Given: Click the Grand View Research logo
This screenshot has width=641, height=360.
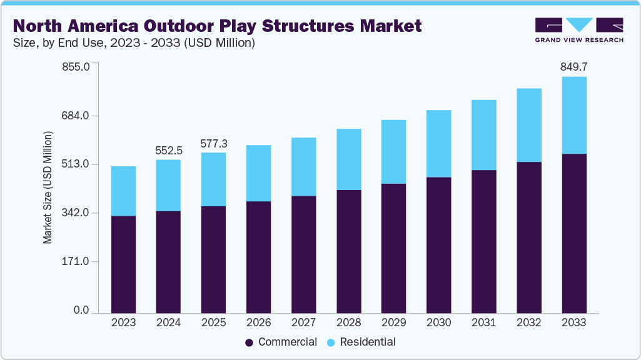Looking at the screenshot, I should pos(579,29).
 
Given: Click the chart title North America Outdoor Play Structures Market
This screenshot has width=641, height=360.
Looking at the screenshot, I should pos(218,26).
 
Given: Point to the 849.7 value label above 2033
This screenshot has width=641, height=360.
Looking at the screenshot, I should pos(573,67).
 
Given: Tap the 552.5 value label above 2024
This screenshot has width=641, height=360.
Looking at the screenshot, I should pos(168,151).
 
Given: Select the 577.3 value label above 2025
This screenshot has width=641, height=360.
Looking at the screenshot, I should pos(213,144).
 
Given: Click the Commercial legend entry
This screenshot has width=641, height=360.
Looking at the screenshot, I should pos(281,342).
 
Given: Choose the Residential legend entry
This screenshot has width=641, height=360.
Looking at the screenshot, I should pos(361,342).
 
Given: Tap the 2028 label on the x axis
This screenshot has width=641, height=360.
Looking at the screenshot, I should pos(348,322).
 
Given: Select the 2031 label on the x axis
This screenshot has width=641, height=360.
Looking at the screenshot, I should pos(483,322).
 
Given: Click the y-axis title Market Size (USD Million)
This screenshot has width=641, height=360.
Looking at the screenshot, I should pos(48,188).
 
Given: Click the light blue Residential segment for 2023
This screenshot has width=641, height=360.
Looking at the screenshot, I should pos(123,191).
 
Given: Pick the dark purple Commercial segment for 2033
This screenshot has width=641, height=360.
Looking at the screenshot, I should pos(573,232).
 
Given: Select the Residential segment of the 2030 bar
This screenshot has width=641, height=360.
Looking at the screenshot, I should pos(438,144).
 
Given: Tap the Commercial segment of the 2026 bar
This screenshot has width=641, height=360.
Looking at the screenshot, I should pos(258,256).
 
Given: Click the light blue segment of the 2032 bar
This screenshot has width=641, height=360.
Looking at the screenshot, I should pos(528,125).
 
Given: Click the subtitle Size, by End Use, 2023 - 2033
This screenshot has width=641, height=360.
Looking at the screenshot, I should pos(134,43).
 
